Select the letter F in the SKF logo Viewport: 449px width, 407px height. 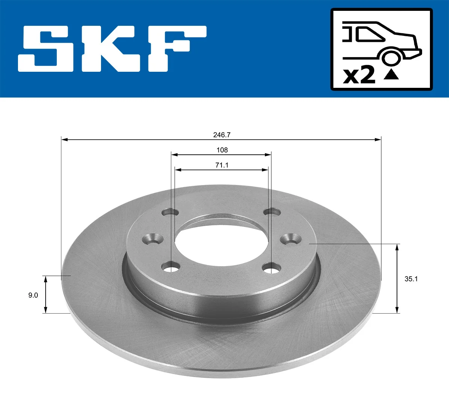(x=176, y=49)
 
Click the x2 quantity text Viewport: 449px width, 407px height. (x=359, y=75)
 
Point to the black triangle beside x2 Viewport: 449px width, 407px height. (x=391, y=74)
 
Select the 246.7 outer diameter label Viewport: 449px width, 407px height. (x=222, y=135)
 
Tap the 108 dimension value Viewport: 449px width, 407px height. (x=222, y=150)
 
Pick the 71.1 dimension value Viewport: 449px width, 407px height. (x=222, y=165)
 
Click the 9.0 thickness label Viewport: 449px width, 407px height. (x=33, y=295)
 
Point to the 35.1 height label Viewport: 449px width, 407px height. (x=411, y=279)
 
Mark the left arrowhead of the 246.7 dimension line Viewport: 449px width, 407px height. (x=64, y=140)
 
